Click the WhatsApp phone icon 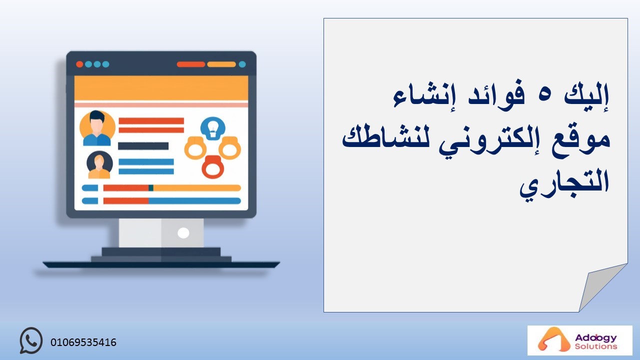pos(31,340)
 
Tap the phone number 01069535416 pos(83,342)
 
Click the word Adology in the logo pos(595,338)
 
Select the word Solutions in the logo pos(596,346)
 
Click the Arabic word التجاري pos(564,185)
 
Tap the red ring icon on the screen pos(212,167)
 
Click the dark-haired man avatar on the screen pos(97,128)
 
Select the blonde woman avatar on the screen pos(99,164)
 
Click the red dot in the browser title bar pos(79,64)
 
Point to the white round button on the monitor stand pos(183,233)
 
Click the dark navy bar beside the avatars pos(143,146)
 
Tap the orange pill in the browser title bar pos(221,64)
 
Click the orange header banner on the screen pos(161,88)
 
